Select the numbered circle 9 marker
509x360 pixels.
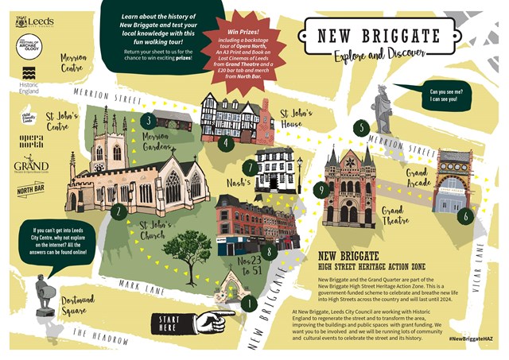pyautogui.click(x=321, y=189)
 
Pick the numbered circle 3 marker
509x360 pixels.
pyautogui.click(x=148, y=122)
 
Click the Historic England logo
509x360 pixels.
pyautogui.click(x=29, y=83)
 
